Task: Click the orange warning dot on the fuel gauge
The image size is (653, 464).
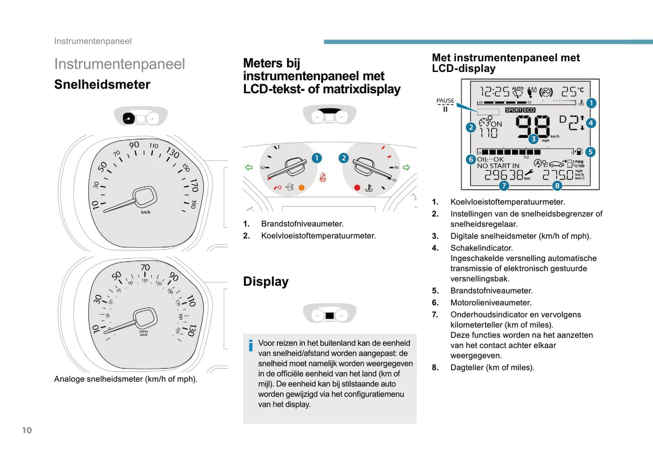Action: tap(301, 187)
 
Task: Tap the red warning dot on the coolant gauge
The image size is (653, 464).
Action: tap(357, 187)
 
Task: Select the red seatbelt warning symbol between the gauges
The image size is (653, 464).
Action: tap(323, 177)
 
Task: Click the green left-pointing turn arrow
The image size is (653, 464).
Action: tap(249, 167)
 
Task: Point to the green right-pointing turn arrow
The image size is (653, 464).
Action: tap(406, 167)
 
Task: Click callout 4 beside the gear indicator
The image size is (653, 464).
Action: tap(590, 123)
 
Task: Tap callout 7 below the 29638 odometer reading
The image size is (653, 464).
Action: tap(504, 185)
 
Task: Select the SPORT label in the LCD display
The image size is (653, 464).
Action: tap(513, 110)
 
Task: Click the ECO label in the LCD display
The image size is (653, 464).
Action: tap(529, 110)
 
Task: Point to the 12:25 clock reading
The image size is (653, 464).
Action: tap(494, 92)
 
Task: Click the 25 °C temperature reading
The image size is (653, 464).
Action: tap(572, 91)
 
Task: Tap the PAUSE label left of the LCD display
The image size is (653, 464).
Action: tap(445, 100)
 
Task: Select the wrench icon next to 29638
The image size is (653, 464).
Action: tap(529, 173)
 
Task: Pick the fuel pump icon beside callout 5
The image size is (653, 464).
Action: tap(579, 152)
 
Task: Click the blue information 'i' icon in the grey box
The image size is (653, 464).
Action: tap(251, 346)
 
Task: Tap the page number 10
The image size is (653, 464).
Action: tap(27, 430)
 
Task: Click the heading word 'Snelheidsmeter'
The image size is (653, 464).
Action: tap(102, 85)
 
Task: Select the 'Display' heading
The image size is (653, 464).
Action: tap(266, 281)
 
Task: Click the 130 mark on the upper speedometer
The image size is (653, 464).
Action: tap(173, 152)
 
